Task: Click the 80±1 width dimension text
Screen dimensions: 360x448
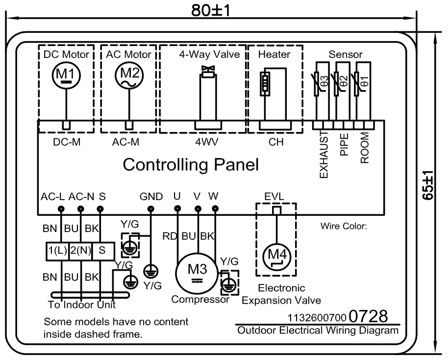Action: (211, 10)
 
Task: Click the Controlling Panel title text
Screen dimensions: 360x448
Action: (191, 165)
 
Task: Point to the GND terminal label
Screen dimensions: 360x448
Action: (151, 197)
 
